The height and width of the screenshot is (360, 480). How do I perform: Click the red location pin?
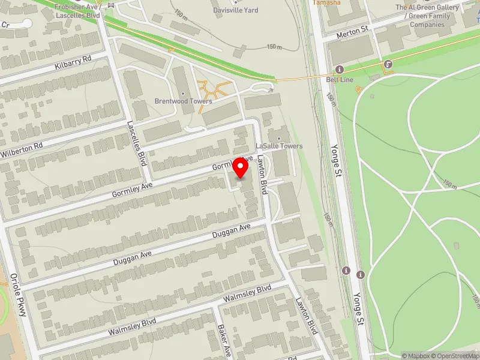[x=241, y=167]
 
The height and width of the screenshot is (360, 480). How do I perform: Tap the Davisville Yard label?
[x=236, y=10]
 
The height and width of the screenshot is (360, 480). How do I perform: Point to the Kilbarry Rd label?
[x=71, y=61]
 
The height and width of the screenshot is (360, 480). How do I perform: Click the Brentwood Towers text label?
[x=183, y=101]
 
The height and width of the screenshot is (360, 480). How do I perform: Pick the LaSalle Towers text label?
[x=279, y=146]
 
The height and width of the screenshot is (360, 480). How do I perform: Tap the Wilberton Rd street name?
[x=22, y=146]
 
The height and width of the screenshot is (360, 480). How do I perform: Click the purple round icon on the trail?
[x=389, y=64]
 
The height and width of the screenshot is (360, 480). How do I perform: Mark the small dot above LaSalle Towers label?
[x=279, y=139]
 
